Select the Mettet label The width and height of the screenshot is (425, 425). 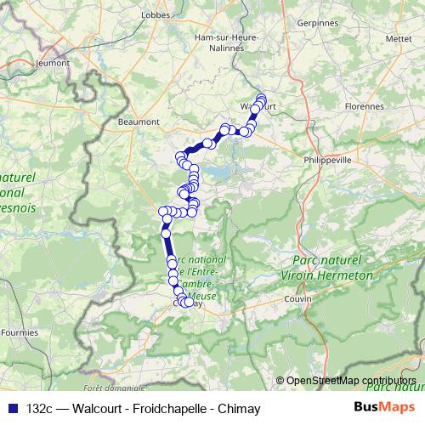tap(397, 38)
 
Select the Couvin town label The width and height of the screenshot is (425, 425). tap(298, 300)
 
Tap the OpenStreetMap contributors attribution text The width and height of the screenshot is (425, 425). tap(350, 381)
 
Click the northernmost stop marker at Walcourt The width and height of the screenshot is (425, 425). tap(261, 97)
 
